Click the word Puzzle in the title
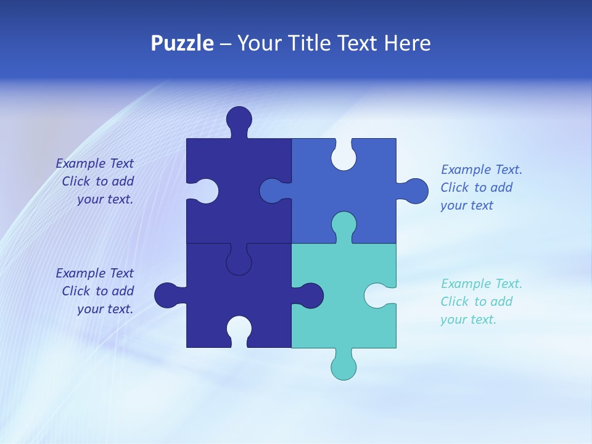[x=182, y=43]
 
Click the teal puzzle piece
[x=333, y=308]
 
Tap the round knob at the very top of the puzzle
[x=239, y=118]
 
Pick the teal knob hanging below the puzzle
[x=343, y=366]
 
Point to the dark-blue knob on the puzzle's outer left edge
[x=166, y=295]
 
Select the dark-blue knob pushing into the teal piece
[x=310, y=295]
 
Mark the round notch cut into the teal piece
[x=377, y=295]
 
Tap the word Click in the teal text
[x=455, y=302]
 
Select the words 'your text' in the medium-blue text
[x=467, y=205]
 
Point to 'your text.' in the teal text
[x=468, y=319]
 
